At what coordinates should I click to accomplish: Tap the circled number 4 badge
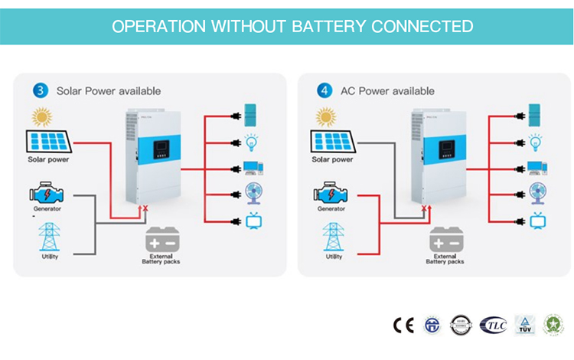pyautogui.click(x=325, y=90)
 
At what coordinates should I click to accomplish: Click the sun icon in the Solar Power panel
pyautogui.click(x=41, y=117)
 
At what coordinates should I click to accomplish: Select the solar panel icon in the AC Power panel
pyautogui.click(x=331, y=142)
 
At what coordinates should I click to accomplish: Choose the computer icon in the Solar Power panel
pyautogui.click(x=253, y=168)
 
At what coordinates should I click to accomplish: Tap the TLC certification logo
pyautogui.click(x=493, y=325)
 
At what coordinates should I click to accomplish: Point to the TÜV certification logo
pyautogui.click(x=524, y=325)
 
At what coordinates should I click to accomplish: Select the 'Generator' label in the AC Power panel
pyautogui.click(x=331, y=208)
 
